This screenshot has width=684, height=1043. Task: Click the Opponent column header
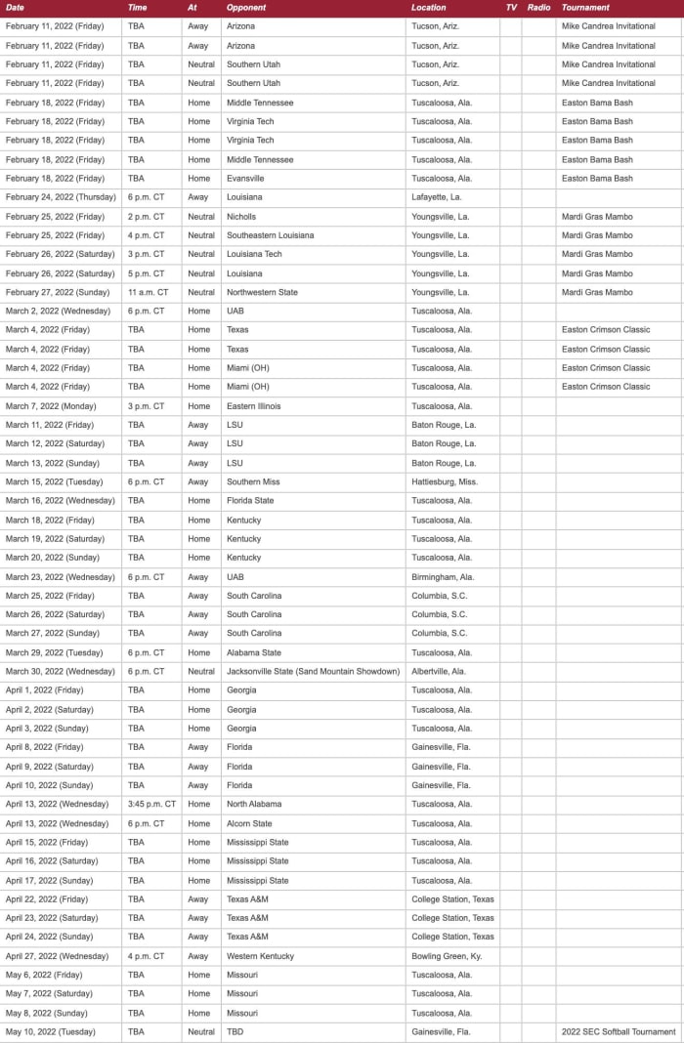[246, 8]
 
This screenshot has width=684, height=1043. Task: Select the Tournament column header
[585, 8]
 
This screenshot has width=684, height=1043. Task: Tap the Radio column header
[538, 8]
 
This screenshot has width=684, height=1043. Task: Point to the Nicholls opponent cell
[241, 217]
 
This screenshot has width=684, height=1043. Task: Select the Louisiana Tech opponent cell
[254, 254]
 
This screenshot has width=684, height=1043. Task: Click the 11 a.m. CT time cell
[148, 292]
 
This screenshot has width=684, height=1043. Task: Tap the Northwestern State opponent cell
[262, 292]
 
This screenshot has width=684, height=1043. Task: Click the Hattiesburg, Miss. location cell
[445, 481]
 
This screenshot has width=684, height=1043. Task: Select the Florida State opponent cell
[250, 501]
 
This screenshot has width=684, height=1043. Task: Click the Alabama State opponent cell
[254, 652]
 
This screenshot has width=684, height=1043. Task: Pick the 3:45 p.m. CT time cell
[151, 805]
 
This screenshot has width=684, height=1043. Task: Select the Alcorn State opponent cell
[249, 823]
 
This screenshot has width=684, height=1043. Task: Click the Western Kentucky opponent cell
[260, 956]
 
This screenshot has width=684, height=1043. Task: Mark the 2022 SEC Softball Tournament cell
[619, 1032]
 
